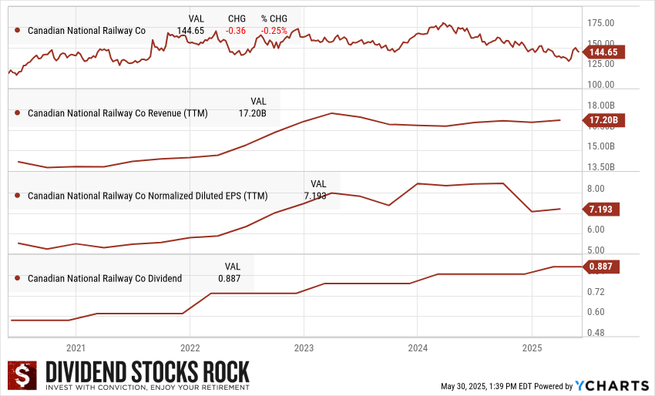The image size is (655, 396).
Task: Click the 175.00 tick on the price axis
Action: coord(600,23)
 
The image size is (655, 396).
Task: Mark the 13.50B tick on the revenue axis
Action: coord(601,166)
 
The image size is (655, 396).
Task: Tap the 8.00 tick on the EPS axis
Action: coord(595,189)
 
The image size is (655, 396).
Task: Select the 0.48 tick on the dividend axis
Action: coord(595,333)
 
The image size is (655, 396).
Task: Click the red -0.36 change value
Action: coord(236,30)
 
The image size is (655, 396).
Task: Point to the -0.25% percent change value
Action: coord(274,30)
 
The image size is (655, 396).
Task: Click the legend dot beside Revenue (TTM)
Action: coord(17,112)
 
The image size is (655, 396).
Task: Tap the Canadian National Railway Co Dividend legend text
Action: coord(105,278)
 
